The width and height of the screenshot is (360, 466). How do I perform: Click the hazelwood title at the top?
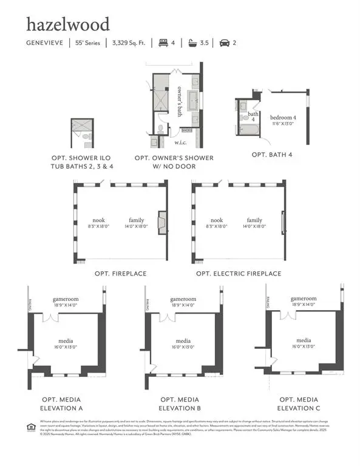click(67, 24)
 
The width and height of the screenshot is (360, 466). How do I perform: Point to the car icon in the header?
click(225, 43)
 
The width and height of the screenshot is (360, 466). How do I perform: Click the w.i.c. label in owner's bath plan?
click(180, 143)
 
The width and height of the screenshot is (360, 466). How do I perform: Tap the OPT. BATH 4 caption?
click(272, 155)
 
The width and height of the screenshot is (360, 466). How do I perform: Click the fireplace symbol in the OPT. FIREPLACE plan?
click(162, 223)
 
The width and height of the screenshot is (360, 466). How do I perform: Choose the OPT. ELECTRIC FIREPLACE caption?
click(239, 274)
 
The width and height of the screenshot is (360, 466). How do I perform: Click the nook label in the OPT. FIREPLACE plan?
click(98, 220)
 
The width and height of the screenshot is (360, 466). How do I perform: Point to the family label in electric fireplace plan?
click(254, 220)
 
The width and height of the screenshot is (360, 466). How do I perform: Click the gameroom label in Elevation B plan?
click(183, 299)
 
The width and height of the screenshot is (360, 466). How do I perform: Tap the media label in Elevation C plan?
click(304, 340)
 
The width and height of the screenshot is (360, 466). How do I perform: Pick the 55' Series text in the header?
click(88, 43)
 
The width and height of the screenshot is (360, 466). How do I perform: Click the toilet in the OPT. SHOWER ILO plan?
click(86, 137)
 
